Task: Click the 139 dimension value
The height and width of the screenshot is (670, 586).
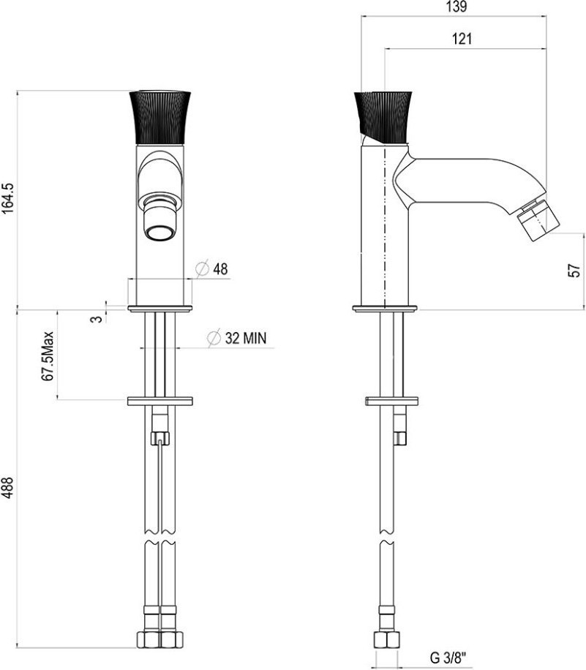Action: [x=456, y=7]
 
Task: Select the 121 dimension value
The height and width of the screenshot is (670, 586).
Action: [x=462, y=39]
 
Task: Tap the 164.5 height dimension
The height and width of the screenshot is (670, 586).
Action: [x=8, y=198]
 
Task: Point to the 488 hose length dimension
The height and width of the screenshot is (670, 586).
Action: [x=8, y=488]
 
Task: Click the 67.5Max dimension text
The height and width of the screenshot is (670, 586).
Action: [x=47, y=356]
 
